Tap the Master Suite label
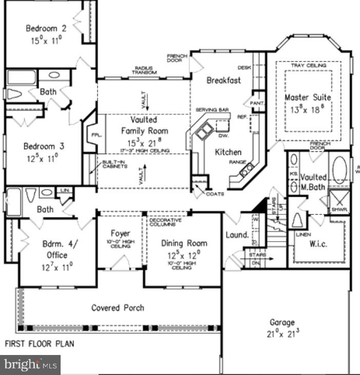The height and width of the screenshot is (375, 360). (x=308, y=97)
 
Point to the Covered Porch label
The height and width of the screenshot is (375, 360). (x=118, y=308)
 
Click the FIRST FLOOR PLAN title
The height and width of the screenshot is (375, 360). (x=40, y=344)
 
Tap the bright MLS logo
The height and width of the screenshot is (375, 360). (x=30, y=365)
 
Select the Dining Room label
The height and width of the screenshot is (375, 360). (x=184, y=243)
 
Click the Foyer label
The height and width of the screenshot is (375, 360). (x=121, y=233)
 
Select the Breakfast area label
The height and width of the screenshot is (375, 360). (x=223, y=81)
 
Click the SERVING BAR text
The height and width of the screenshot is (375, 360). (x=208, y=110)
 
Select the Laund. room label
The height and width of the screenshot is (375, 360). (x=237, y=235)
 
